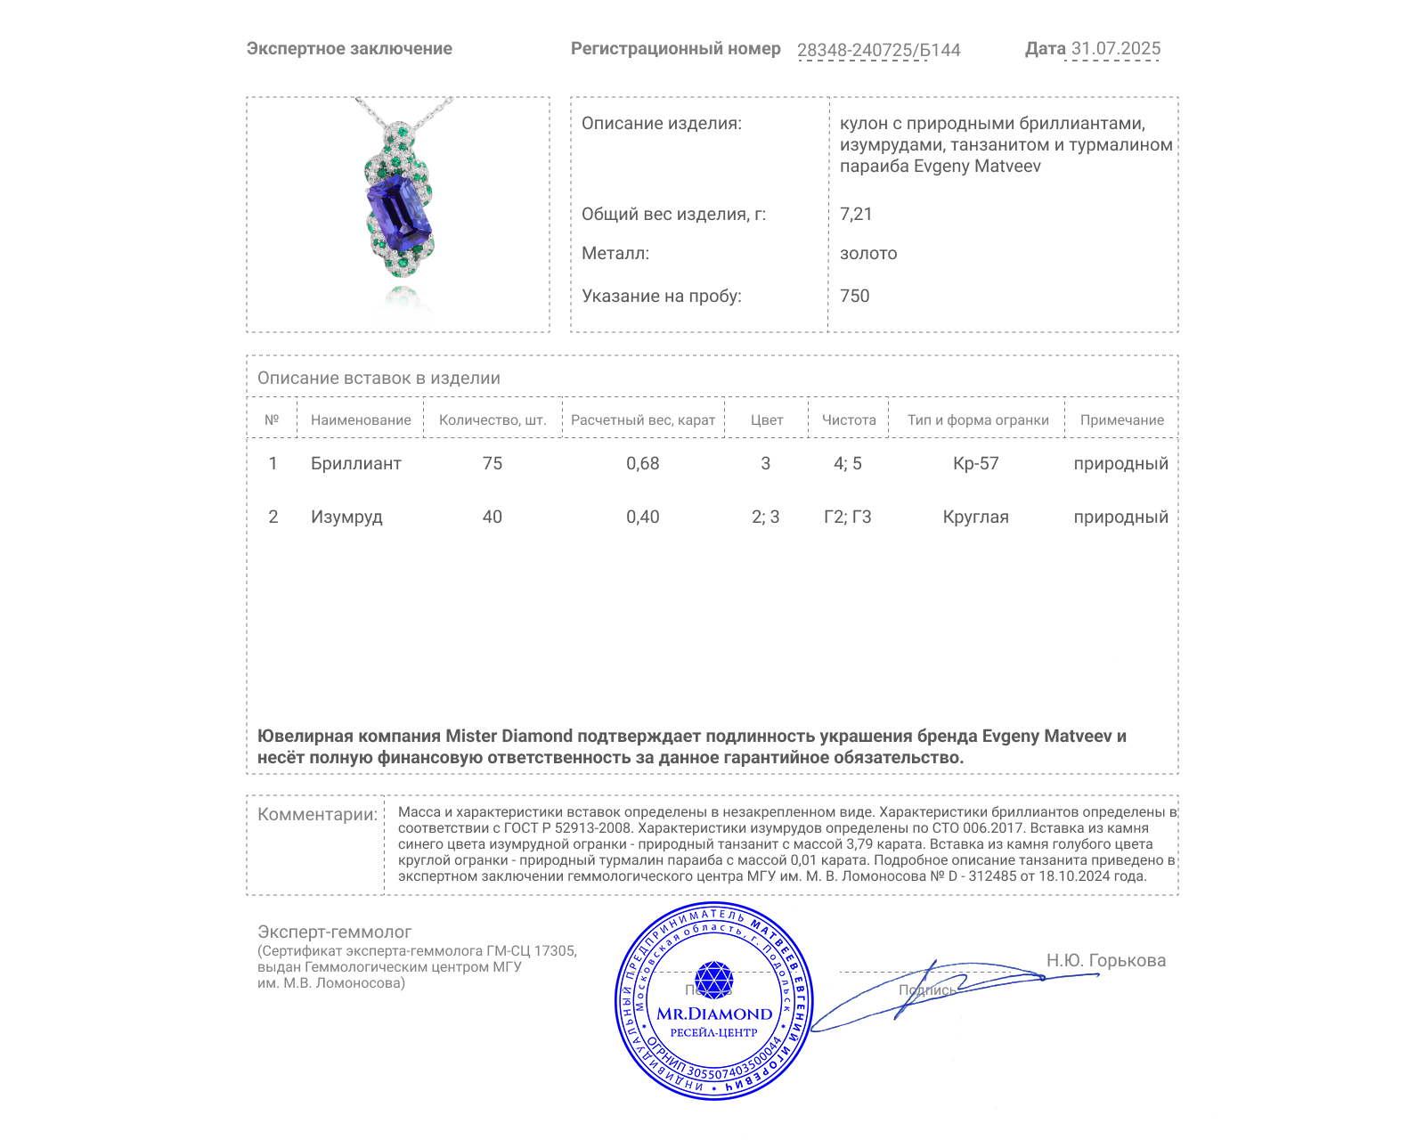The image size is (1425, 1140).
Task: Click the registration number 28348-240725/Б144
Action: (x=878, y=50)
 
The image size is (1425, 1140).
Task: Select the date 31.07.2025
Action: (x=1115, y=49)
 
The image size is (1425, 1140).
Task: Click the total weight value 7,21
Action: (x=856, y=214)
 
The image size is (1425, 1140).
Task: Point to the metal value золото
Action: (x=868, y=254)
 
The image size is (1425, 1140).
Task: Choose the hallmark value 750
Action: (x=854, y=296)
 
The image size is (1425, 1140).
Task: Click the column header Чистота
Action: (x=849, y=420)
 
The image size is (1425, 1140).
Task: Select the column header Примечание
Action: (x=1121, y=420)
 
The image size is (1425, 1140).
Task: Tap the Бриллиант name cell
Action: (x=355, y=464)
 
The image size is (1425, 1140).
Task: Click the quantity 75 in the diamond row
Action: (x=492, y=464)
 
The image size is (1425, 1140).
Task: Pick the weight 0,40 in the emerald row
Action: (x=642, y=517)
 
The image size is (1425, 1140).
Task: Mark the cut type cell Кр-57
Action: (x=975, y=464)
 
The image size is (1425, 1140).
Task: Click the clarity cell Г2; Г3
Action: (x=847, y=517)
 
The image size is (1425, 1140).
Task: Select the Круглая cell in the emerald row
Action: (x=975, y=517)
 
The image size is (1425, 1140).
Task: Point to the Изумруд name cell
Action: (x=346, y=517)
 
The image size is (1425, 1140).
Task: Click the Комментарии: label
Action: (x=317, y=815)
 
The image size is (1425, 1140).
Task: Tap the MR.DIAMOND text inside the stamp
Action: (x=714, y=1014)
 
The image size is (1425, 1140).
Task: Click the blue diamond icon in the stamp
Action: (x=713, y=980)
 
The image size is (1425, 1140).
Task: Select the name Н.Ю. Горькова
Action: (x=1105, y=961)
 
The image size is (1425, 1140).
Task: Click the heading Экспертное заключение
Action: (x=349, y=49)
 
